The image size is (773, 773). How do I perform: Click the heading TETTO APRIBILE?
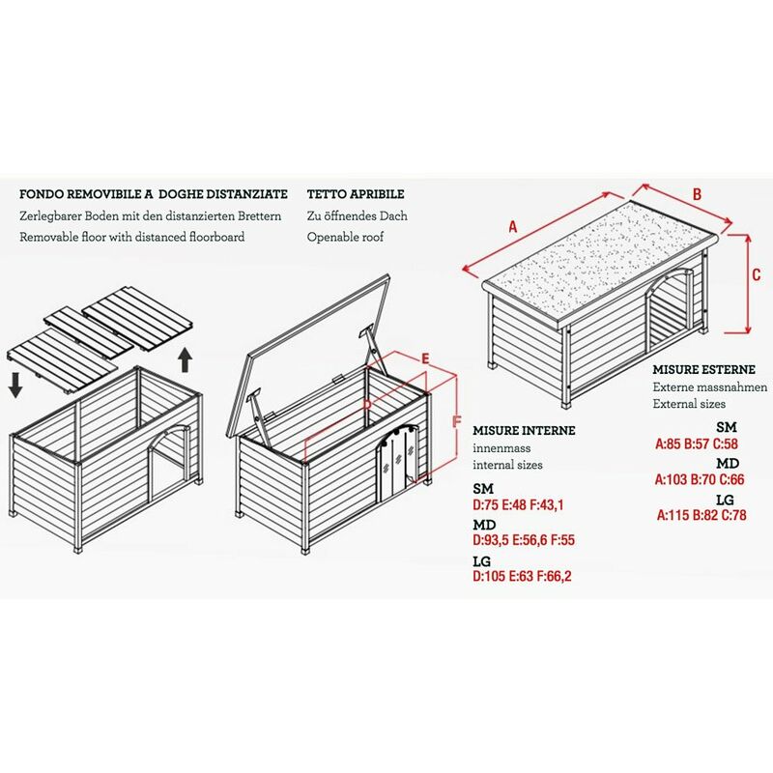click(x=356, y=194)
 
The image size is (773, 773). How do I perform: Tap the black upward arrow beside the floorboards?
click(x=186, y=361)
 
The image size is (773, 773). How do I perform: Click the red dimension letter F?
click(x=459, y=421)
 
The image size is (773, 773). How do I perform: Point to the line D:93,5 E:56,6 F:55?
click(x=536, y=541)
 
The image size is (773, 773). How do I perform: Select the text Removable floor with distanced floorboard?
click(x=132, y=237)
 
